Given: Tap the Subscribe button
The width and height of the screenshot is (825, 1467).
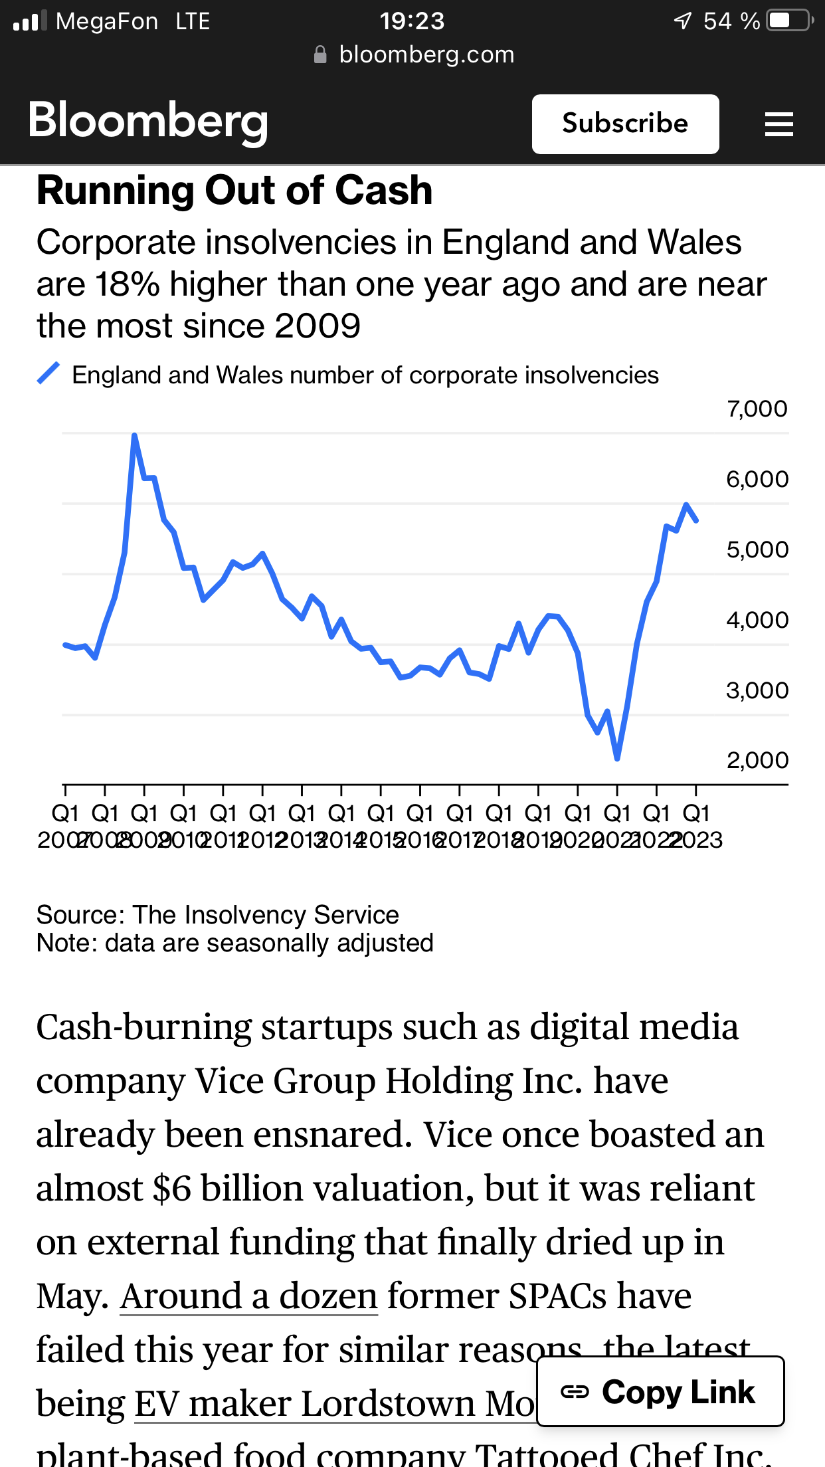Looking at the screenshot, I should (x=625, y=124).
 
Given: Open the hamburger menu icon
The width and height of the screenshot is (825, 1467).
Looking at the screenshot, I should (x=779, y=124).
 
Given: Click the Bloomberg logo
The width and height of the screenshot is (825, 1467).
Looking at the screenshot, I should (x=148, y=122).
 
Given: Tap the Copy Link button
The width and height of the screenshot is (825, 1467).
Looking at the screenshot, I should (x=660, y=1392).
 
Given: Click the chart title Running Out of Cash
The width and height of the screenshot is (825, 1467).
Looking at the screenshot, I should (x=234, y=191).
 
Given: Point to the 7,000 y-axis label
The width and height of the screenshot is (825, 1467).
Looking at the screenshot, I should (x=757, y=409).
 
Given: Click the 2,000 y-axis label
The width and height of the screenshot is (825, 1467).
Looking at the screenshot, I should (x=757, y=760).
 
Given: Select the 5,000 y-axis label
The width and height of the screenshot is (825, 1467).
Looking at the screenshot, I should (x=757, y=549).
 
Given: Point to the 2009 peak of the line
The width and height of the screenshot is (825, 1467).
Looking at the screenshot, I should (x=134, y=436).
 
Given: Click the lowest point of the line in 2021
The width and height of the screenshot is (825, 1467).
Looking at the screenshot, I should (x=617, y=757).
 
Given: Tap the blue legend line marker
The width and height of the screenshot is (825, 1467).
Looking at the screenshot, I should (x=48, y=373).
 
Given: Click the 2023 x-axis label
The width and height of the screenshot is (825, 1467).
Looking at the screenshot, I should (x=697, y=840).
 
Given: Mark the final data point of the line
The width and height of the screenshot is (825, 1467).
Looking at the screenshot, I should (x=696, y=521).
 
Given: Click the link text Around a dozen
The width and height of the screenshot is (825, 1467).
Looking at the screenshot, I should (x=248, y=1296).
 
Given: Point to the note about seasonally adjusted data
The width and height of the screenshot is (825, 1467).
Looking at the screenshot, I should (x=234, y=943).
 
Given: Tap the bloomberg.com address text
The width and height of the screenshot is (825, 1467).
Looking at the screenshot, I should (x=426, y=54).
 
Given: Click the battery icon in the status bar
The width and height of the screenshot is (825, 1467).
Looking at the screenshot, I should (x=788, y=21).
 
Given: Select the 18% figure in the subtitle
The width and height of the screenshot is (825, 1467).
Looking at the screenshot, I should (x=127, y=284).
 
